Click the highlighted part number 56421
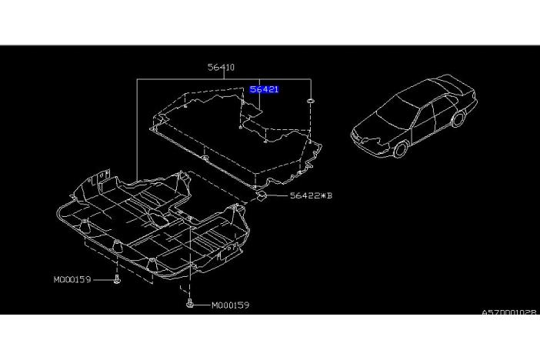click(x=264, y=89)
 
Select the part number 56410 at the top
click(x=221, y=67)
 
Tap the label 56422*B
click(x=311, y=195)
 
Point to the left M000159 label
click(x=72, y=280)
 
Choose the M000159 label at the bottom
click(x=231, y=305)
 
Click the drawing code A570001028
click(x=509, y=312)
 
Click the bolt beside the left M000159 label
click(x=117, y=280)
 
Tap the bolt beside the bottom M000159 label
click(x=189, y=303)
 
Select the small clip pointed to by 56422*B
click(x=261, y=195)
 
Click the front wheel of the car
click(x=401, y=149)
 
